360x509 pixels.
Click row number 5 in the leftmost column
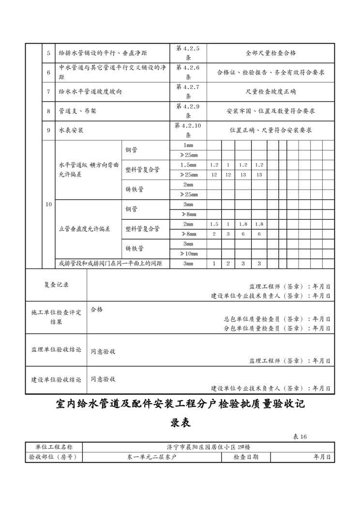(48, 53)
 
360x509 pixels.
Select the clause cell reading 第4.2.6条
(188, 72)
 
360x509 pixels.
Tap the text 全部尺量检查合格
(270, 53)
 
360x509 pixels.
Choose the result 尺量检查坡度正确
(270, 91)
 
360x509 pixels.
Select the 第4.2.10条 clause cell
(188, 130)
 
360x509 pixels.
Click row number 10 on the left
(48, 205)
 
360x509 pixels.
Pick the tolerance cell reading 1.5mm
(188, 165)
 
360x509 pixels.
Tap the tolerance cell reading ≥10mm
(188, 254)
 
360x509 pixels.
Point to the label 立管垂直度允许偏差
(84, 229)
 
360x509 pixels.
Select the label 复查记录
(56, 285)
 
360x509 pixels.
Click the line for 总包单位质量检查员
(277, 319)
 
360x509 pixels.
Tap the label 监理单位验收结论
(56, 349)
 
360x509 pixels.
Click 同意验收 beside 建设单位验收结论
(103, 379)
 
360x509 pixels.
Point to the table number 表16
(300, 437)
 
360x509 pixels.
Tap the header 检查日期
(246, 457)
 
